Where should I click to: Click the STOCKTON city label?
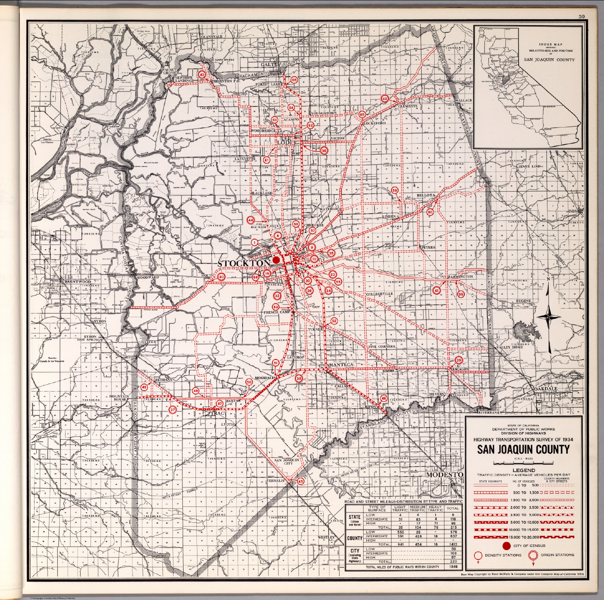coord(244,263)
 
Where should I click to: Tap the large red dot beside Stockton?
coord(276,260)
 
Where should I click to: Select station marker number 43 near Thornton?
coord(202,74)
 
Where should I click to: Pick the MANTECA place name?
coord(342,365)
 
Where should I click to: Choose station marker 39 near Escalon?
coord(459,360)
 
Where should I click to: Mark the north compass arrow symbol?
coord(549,315)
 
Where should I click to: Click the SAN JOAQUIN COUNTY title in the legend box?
coord(523,449)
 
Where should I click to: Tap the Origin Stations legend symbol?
coord(533,556)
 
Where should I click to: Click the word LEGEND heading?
coord(523,470)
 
